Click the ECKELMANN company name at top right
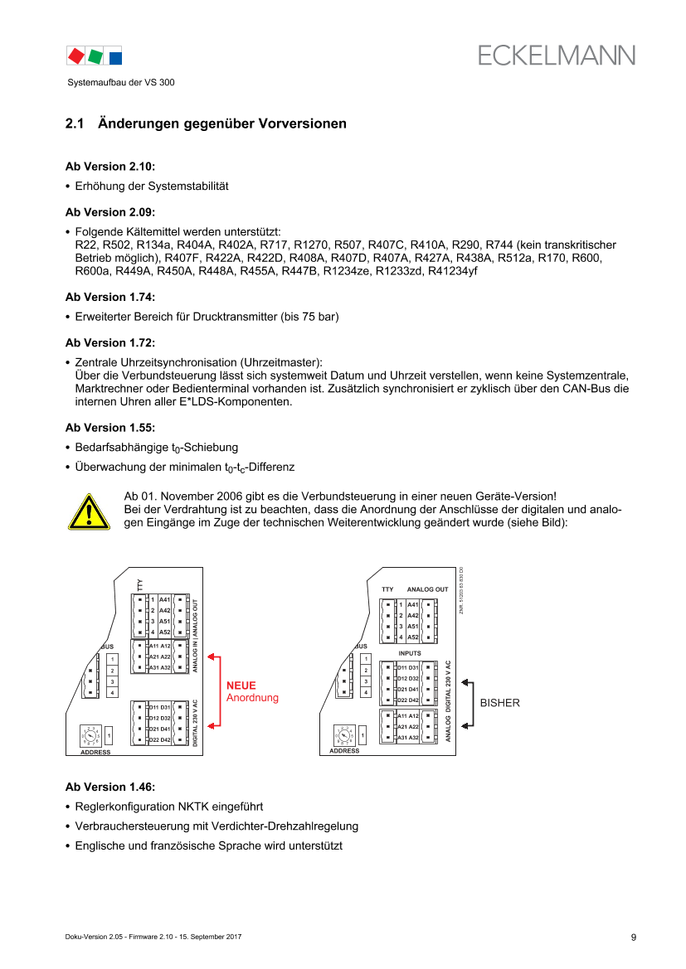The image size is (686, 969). tap(556, 56)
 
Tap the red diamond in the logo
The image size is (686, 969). tap(76, 56)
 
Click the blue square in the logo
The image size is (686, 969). tap(115, 58)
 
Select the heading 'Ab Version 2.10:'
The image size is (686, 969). tap(110, 167)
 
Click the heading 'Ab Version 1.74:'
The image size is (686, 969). tap(110, 297)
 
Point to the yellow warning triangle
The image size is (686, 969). tap(89, 511)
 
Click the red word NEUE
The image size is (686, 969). tap(241, 686)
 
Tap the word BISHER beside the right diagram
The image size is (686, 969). tap(500, 703)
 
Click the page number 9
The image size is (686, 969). tap(634, 938)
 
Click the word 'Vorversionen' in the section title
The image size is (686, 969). tap(303, 124)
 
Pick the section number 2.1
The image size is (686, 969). tap(75, 124)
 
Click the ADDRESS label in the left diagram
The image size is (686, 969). tap(95, 752)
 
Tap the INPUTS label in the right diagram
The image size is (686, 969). tap(410, 653)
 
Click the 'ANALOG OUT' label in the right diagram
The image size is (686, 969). tap(427, 589)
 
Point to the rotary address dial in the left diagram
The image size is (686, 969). tap(90, 736)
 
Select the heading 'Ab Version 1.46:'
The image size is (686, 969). tap(110, 787)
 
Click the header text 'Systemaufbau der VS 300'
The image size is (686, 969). tap(120, 82)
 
